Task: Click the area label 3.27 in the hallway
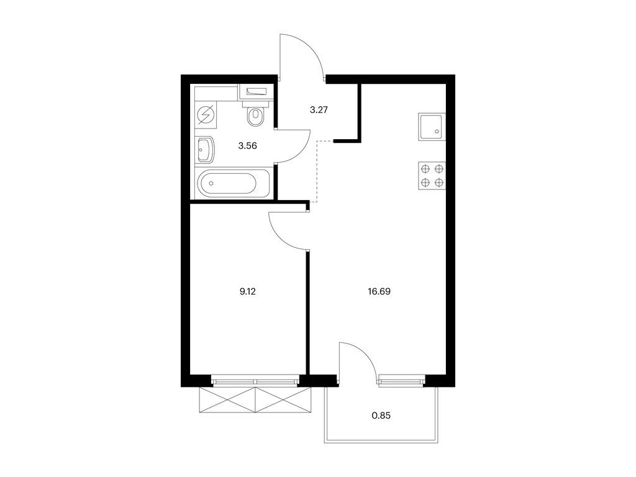tap(319, 109)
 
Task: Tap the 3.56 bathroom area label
tap(247, 146)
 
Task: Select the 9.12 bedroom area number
tap(247, 291)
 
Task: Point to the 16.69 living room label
tap(379, 291)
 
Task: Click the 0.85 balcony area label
tap(381, 416)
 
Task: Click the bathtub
tap(233, 183)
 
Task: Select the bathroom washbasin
tap(205, 149)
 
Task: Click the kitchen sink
tap(432, 127)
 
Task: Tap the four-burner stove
tap(432, 176)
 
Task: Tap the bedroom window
tap(255, 381)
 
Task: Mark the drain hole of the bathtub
tap(211, 183)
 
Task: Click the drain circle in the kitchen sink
tap(437, 131)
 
